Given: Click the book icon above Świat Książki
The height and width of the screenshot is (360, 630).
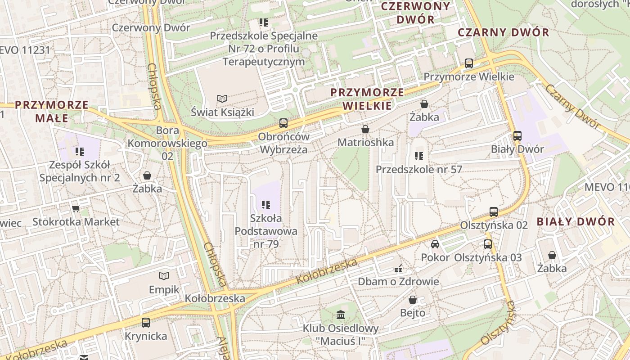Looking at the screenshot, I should [222, 98].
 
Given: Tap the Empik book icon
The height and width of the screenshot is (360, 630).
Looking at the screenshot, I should [164, 276].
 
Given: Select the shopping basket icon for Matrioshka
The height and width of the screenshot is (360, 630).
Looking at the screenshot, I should [365, 129].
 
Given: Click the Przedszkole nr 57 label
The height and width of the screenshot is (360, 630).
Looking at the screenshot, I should [418, 170].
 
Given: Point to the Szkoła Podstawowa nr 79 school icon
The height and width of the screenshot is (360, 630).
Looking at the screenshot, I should [265, 205].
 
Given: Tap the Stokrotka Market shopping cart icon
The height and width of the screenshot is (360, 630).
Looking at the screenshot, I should [76, 208].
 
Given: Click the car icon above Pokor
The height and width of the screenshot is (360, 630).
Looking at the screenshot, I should [435, 244].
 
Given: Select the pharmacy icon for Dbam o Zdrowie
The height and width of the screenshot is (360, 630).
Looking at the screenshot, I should [398, 269].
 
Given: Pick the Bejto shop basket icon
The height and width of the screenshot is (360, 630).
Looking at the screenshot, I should [413, 300].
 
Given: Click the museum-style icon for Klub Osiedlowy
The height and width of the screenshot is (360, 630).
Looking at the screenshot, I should [340, 315].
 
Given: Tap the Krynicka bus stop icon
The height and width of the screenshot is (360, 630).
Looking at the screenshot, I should [146, 323].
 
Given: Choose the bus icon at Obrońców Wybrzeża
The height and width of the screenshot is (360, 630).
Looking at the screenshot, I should [283, 123].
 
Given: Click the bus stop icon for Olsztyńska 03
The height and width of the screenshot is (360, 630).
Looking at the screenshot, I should [488, 244].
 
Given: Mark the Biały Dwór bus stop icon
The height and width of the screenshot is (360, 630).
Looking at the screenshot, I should [517, 135].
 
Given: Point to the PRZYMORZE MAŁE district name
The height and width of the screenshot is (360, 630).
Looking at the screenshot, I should [52, 111].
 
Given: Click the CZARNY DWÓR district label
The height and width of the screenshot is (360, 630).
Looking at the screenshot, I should [503, 32].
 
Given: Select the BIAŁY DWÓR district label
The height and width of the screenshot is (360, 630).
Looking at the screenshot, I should [575, 221].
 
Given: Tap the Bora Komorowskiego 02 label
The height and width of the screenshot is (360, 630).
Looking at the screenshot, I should [167, 143].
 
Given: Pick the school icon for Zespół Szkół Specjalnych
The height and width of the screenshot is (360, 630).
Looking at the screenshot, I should [80, 152].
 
